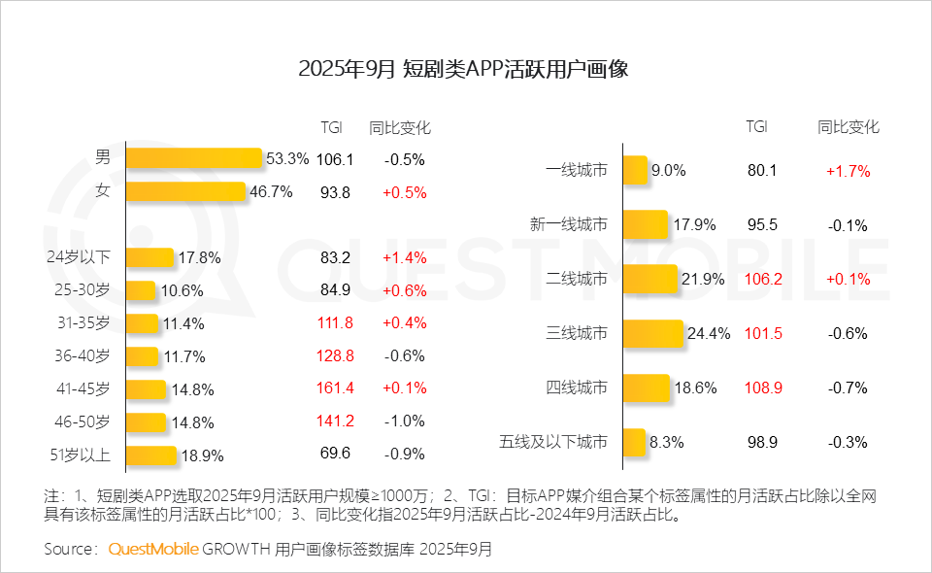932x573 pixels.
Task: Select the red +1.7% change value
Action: [x=848, y=170]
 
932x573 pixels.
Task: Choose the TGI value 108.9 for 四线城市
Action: [x=762, y=388]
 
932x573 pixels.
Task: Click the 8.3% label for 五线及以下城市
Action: [x=667, y=442]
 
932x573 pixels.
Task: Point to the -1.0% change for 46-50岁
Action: [x=404, y=421]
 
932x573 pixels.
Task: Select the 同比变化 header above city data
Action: [x=848, y=127]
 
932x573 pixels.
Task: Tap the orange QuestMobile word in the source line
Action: [x=152, y=549]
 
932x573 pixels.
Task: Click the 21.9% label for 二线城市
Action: [x=704, y=279]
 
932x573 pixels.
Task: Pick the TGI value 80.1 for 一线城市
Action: [x=762, y=170]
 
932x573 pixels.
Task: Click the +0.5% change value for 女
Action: [x=404, y=191]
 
